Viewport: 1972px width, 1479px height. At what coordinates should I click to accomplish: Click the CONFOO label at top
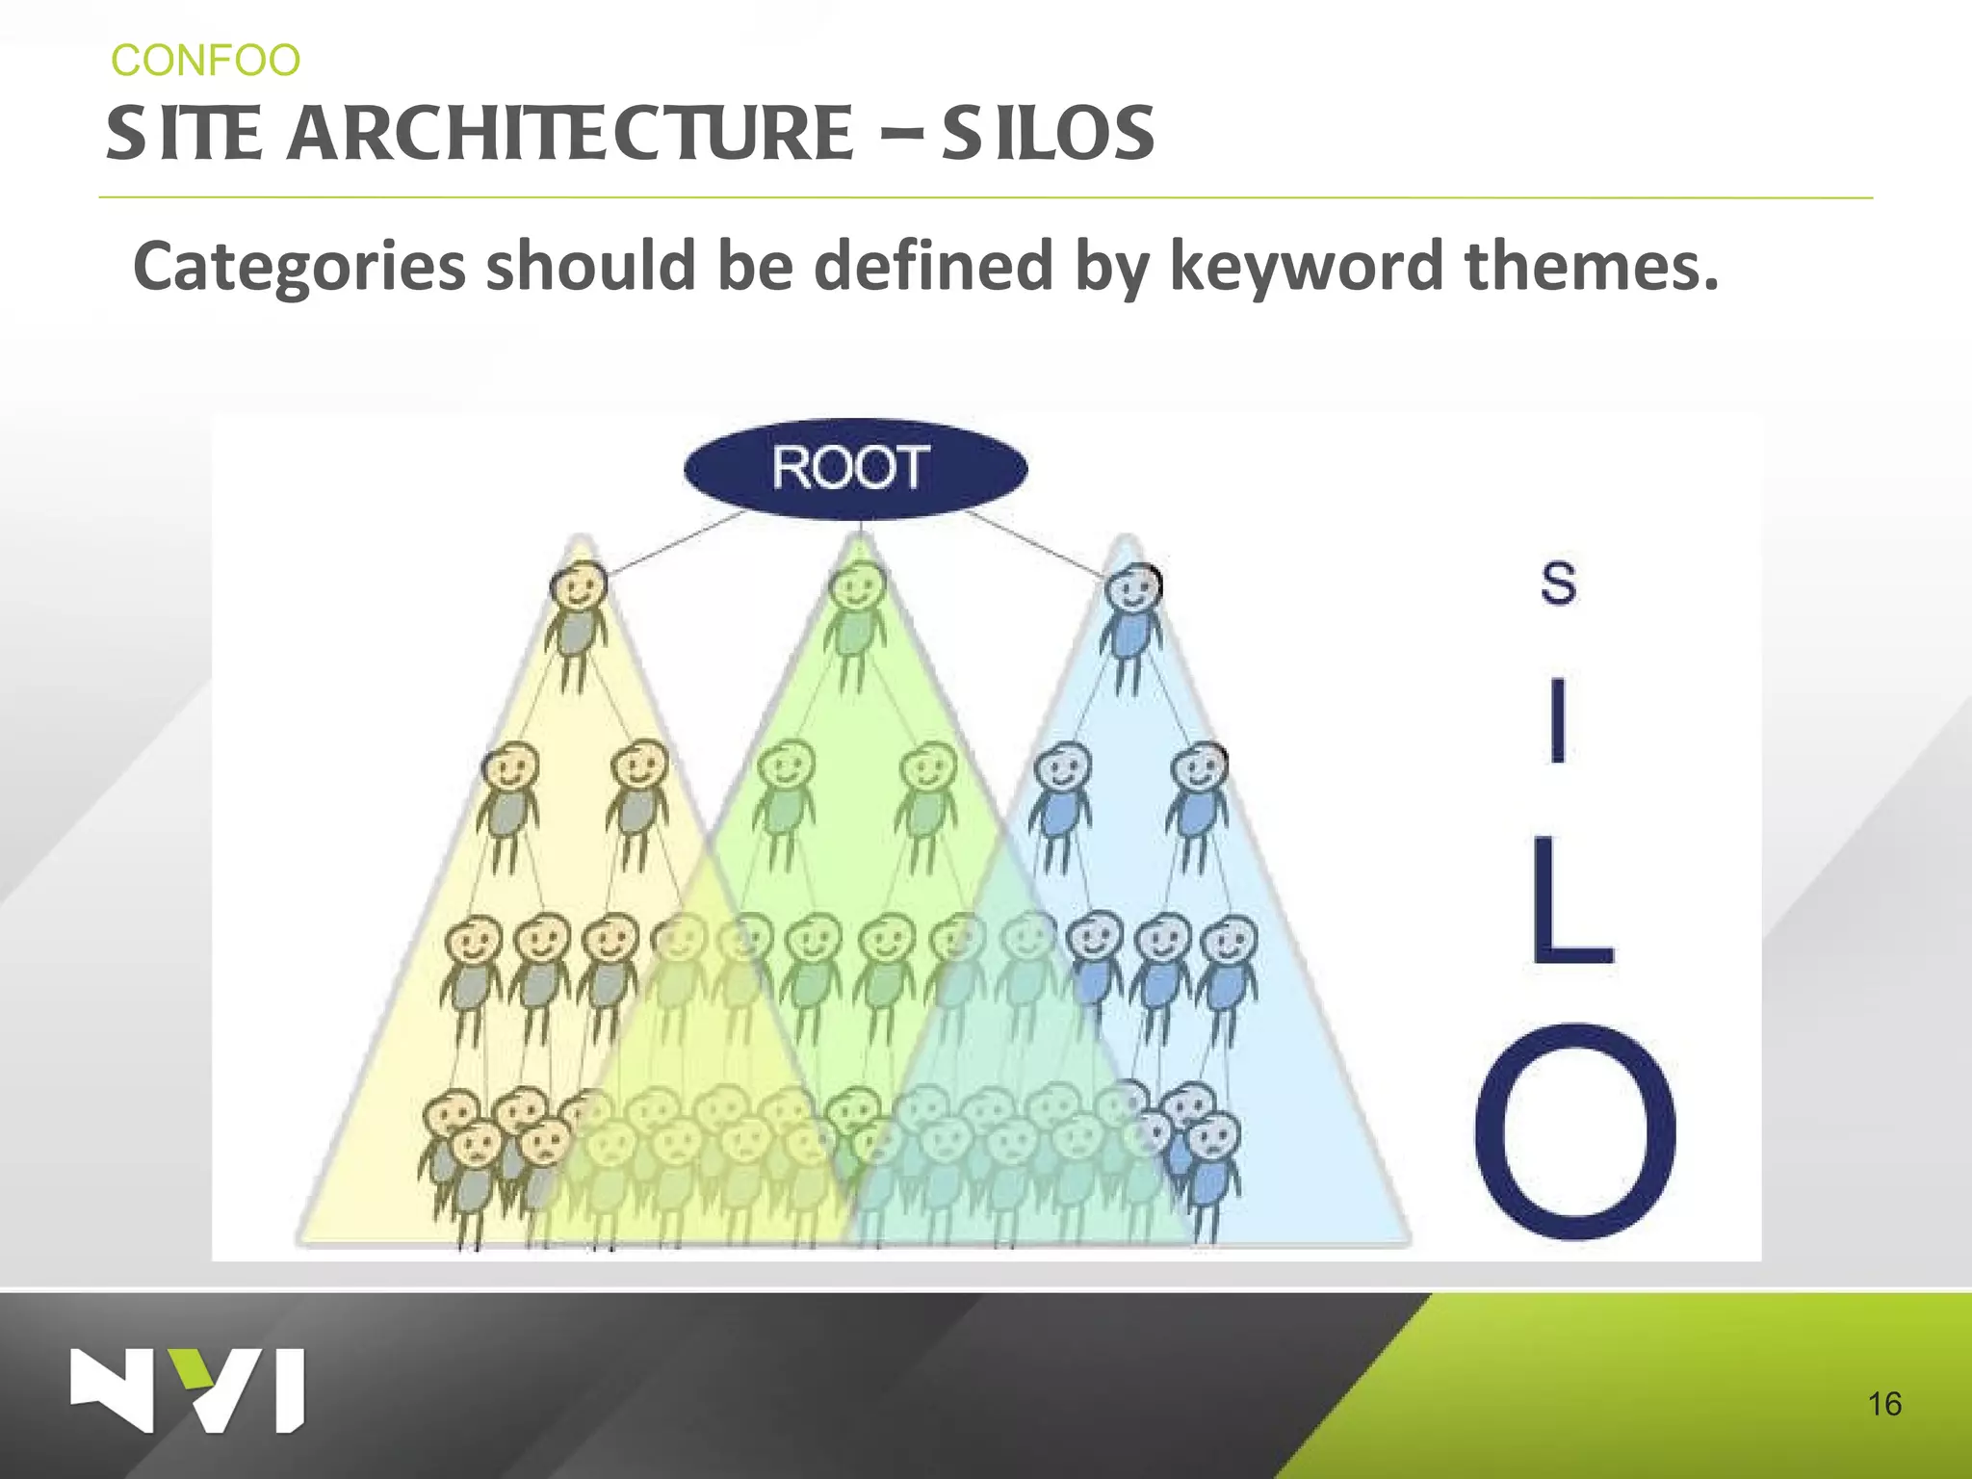[205, 61]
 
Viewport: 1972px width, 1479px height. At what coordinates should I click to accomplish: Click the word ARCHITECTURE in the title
[570, 134]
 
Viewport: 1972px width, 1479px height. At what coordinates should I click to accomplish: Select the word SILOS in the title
[1048, 134]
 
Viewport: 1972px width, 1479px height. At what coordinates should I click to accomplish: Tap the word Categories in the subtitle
[298, 267]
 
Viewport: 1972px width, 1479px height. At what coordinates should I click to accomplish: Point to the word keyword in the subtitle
[1306, 267]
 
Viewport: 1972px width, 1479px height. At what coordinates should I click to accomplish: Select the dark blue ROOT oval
[855, 469]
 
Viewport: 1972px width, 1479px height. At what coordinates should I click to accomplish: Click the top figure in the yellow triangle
[578, 621]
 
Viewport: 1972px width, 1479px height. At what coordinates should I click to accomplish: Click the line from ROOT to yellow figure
[674, 544]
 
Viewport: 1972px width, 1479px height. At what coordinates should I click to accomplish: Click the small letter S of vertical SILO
[1558, 583]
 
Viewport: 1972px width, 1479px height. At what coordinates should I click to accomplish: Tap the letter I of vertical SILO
[1558, 719]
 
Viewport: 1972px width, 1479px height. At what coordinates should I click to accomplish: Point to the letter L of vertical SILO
[1570, 900]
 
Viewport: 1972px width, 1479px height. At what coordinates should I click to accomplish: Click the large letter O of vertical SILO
[1576, 1131]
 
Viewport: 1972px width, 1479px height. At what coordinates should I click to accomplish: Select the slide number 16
[1884, 1404]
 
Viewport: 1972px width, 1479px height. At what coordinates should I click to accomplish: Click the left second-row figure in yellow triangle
[508, 804]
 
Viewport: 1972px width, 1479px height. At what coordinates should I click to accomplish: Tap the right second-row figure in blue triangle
[1197, 804]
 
